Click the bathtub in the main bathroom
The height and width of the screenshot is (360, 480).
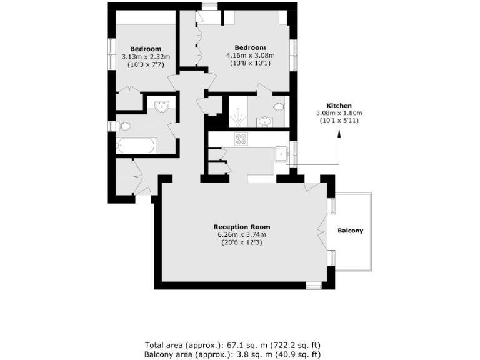[135, 146]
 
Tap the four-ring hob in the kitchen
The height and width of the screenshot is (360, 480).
[241, 138]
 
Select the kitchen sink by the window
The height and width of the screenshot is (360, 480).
[281, 152]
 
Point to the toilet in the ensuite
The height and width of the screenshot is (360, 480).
[279, 107]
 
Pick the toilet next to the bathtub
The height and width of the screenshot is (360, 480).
[124, 126]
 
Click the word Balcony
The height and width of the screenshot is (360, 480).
[351, 231]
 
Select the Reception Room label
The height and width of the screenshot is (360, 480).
[242, 227]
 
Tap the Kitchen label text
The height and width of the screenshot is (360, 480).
[339, 106]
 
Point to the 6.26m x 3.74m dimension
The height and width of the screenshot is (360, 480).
[242, 235]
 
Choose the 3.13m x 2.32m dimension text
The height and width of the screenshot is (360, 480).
[146, 57]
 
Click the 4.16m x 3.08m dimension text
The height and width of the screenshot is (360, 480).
[250, 55]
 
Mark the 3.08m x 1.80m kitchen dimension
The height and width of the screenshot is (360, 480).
[339, 112]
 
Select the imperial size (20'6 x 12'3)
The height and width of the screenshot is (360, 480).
[242, 243]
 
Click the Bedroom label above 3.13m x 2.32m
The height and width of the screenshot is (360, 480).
[146, 49]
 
